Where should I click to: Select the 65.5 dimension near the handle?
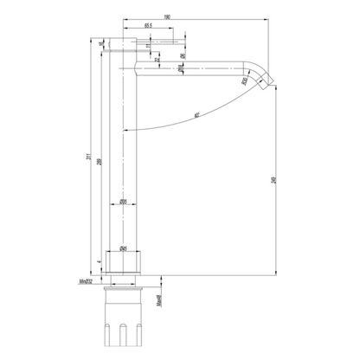pyautogui.click(x=149, y=26)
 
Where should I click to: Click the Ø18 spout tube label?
pyautogui.click(x=179, y=68)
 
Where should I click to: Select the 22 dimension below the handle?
pyautogui.click(x=156, y=59)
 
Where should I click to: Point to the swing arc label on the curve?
pyautogui.click(x=198, y=113)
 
